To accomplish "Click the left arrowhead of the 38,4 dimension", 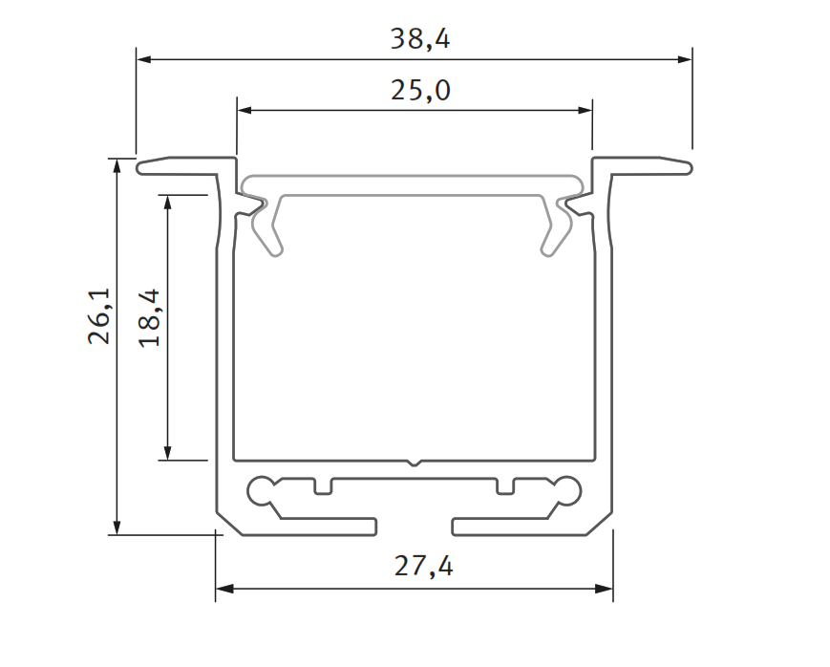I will (x=143, y=59).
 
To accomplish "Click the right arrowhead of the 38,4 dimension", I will (x=685, y=59).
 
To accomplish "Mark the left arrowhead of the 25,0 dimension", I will (x=244, y=111).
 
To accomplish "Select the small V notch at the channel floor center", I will (x=414, y=463).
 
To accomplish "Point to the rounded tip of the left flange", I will (x=141, y=168).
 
